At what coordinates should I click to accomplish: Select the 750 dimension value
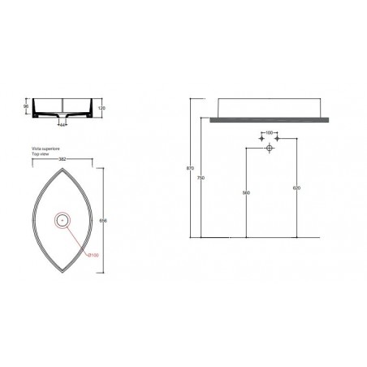click(200, 178)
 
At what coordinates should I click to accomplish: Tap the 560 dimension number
click(245, 193)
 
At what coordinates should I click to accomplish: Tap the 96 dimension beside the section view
click(28, 106)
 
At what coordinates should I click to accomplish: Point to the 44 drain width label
click(63, 124)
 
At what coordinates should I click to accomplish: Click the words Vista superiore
click(45, 149)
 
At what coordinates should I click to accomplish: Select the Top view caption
click(40, 155)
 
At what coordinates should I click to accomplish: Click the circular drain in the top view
click(62, 218)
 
